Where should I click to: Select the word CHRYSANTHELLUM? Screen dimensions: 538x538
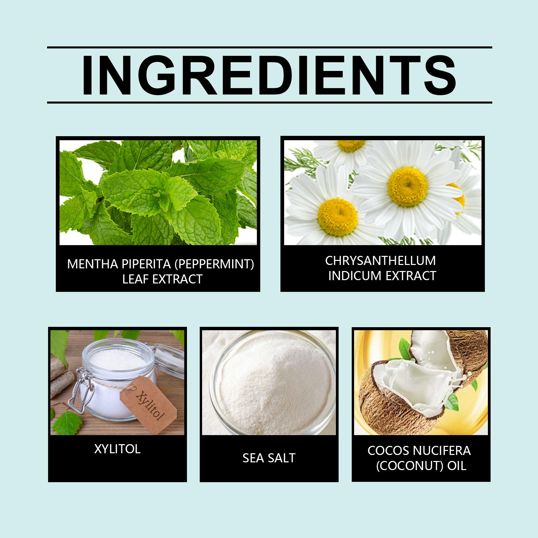click(x=380, y=261)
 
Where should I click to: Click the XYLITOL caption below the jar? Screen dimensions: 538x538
click(x=117, y=449)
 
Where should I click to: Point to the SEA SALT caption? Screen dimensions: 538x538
click(x=269, y=458)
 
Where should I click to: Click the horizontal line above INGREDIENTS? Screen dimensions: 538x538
click(x=269, y=47)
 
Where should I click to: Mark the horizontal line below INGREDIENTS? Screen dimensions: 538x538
click(x=269, y=102)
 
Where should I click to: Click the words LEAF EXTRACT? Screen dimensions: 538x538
click(x=162, y=279)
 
